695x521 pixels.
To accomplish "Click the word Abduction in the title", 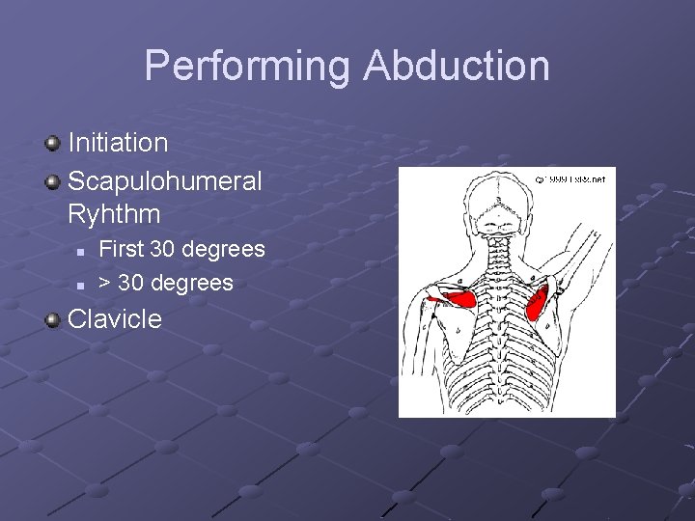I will point(457,67).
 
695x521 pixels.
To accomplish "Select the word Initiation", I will point(118,143).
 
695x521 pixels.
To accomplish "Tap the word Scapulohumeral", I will point(164,180).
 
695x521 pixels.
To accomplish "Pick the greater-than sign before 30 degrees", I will point(105,284).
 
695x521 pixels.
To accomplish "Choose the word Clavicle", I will point(115,319).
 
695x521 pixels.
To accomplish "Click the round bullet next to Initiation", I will point(52,144).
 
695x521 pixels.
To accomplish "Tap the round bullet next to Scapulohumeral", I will point(52,181).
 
